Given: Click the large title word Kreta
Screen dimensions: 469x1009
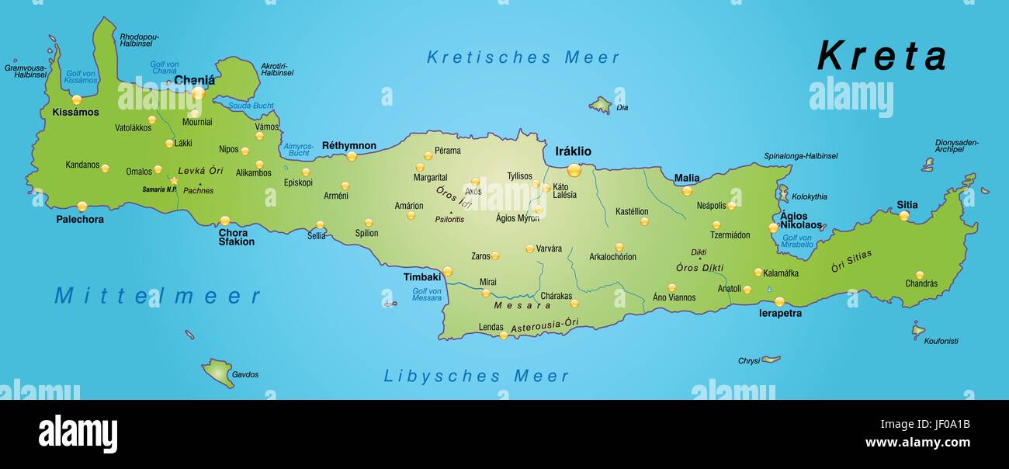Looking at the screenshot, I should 882,57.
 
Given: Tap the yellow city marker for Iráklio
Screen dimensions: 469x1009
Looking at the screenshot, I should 574,170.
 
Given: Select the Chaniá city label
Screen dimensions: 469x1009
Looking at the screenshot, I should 194,79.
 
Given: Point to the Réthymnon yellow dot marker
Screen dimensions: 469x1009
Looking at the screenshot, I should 352,156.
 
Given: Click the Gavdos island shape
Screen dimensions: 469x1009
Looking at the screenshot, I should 219,372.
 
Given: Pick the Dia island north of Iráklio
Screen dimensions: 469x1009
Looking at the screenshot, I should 601,105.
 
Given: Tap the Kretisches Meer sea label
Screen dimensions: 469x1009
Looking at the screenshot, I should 523,57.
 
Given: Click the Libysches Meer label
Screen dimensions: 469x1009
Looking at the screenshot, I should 477,377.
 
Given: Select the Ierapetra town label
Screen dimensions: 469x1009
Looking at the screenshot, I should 780,314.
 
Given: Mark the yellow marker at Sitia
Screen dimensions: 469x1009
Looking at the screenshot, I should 903,216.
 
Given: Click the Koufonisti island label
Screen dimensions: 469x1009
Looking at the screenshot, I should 941,341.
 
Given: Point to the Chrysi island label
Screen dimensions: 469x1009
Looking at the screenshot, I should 748,361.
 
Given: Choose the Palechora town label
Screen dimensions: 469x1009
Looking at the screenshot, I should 80,220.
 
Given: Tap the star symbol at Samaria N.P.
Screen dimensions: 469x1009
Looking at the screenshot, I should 174,181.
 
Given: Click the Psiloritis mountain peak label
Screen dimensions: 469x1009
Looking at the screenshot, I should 449,220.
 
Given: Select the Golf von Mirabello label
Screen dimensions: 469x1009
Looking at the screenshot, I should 797,241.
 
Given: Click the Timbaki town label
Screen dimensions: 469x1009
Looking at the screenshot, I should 421,277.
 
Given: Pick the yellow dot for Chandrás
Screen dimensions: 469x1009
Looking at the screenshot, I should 919,275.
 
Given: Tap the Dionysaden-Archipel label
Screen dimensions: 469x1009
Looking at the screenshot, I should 956,146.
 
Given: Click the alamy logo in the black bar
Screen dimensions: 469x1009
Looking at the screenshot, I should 78,434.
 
